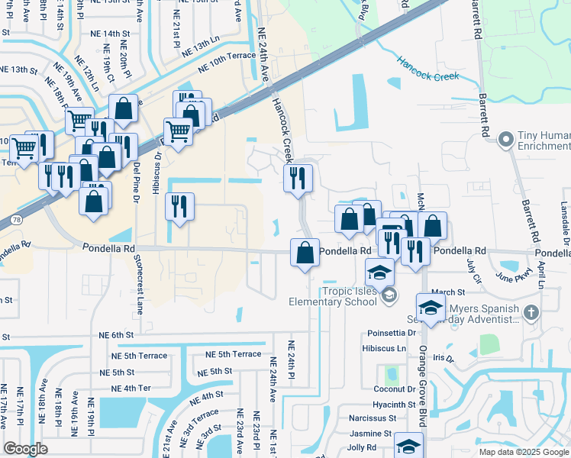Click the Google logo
(25, 449)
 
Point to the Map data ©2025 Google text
(524, 452)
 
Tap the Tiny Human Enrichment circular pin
(505, 140)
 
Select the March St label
(448, 292)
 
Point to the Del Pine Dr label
(137, 182)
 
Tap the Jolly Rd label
(361, 447)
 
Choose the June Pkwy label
(512, 276)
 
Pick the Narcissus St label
(372, 418)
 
